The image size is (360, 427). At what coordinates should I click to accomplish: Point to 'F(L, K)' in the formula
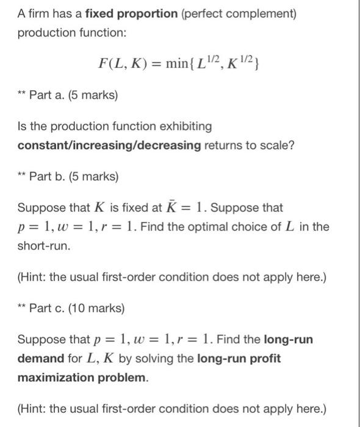[x=120, y=62]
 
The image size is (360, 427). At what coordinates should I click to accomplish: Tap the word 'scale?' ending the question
[x=278, y=145]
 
